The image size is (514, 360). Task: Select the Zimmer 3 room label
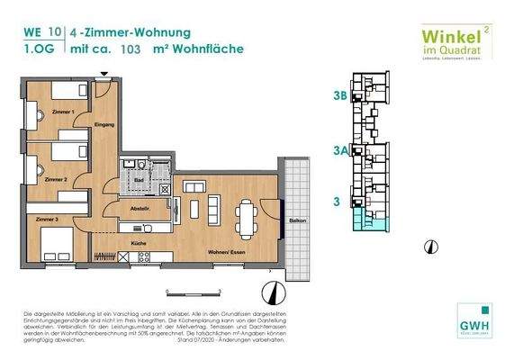click(48, 220)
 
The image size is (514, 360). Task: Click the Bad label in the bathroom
click(139, 180)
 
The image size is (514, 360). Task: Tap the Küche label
click(138, 244)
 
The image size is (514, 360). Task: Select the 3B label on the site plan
click(339, 94)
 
